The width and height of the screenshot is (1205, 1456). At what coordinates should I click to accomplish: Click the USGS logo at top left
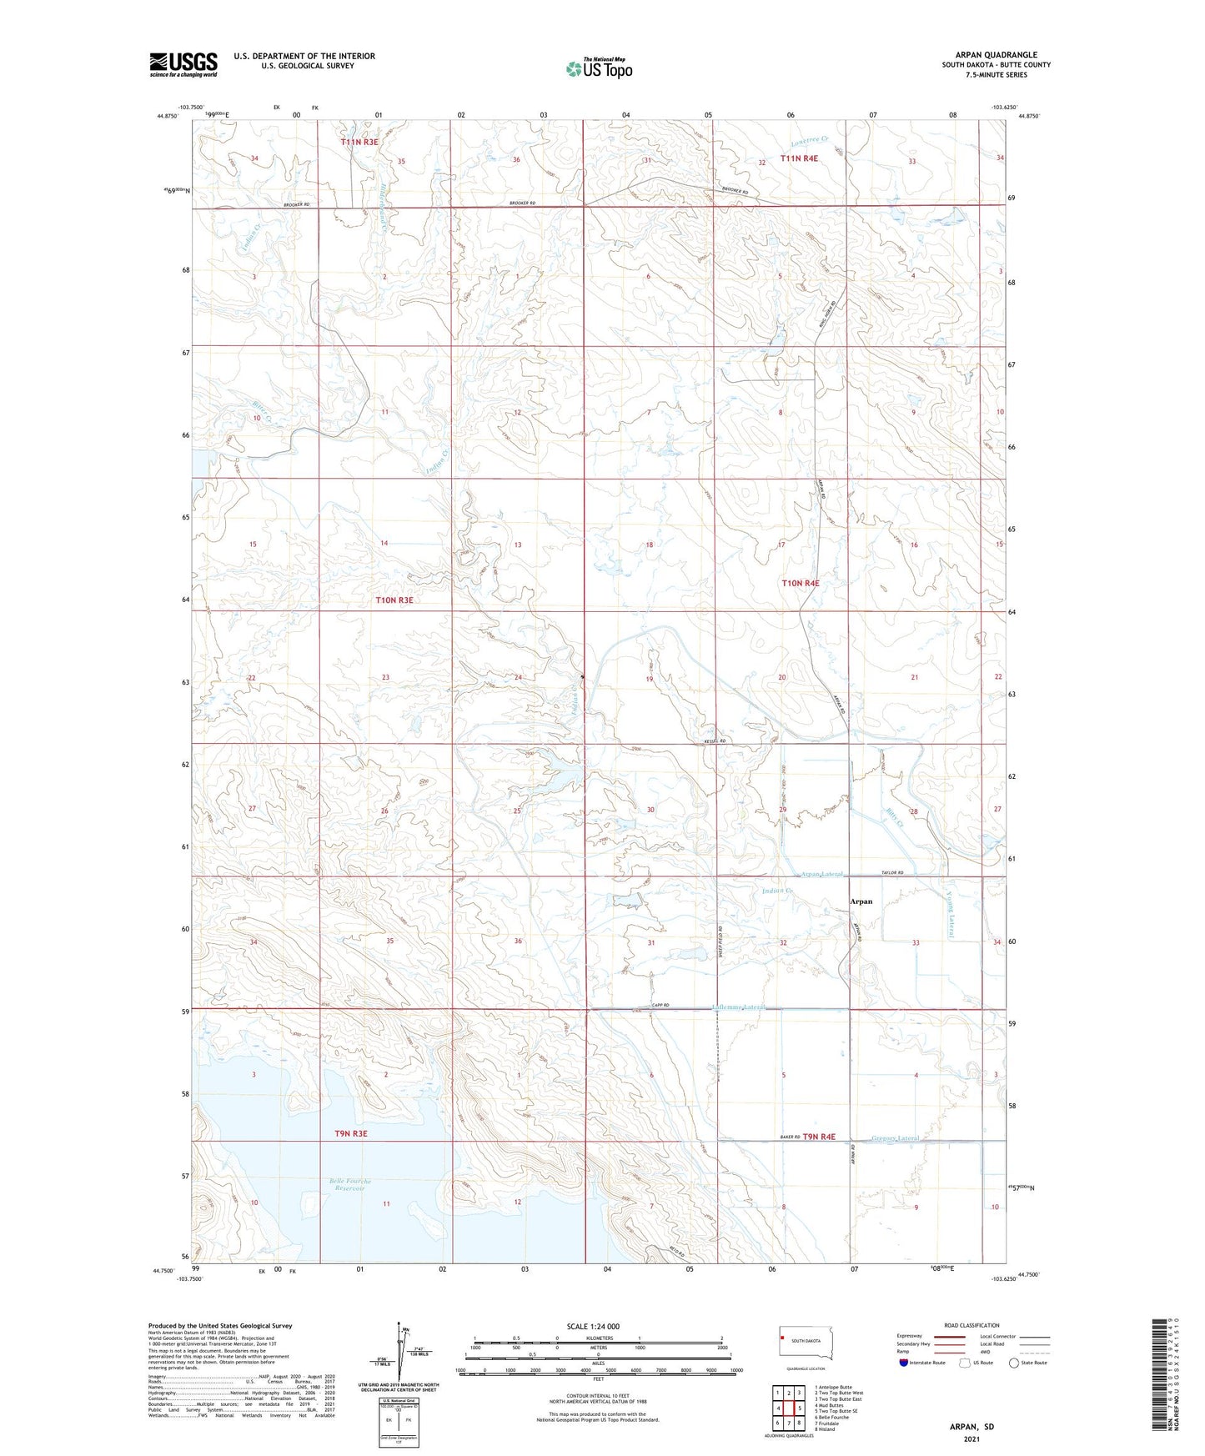coord(183,64)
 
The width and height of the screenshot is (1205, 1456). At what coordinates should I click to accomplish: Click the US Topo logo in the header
coord(599,68)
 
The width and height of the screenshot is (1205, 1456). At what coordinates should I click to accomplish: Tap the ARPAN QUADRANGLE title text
coord(996,55)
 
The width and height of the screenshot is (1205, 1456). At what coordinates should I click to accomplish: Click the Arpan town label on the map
coord(861,901)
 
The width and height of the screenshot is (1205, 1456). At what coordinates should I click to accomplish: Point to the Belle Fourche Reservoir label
coord(349,1185)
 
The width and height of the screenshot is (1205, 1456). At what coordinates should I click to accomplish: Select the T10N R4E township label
coord(800,583)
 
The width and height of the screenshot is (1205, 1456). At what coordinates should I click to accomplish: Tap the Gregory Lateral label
coord(896,1138)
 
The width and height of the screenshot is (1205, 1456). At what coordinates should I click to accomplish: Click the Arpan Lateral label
coord(822,875)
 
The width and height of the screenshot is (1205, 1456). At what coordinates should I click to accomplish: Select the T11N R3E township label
coord(359,143)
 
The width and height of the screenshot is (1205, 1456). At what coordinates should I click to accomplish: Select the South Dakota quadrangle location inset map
coord(800,1340)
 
